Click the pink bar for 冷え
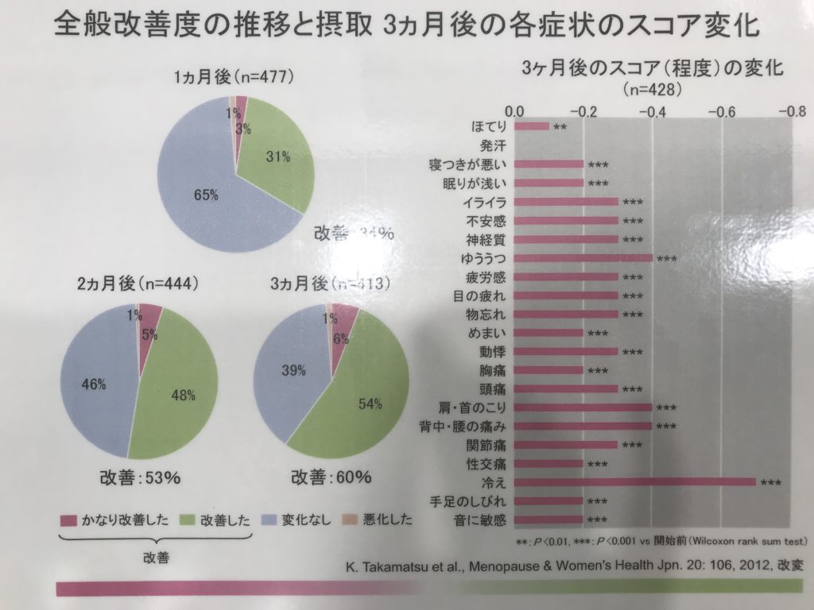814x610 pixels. pos(634,482)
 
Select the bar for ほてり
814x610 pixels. pos(531,125)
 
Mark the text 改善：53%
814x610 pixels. pos(140,478)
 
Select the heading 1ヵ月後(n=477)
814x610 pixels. pos(235,77)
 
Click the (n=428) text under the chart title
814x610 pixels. pos(652,89)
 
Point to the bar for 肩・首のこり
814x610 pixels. pos(583,407)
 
